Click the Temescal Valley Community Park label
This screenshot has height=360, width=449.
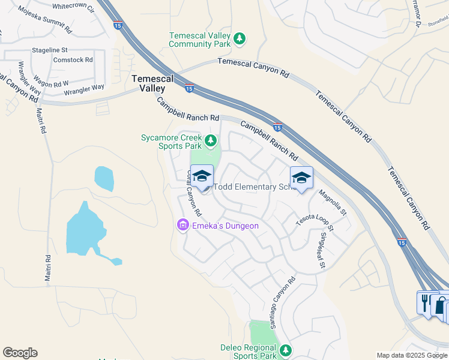[200, 40]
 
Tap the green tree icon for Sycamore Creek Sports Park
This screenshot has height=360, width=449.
[210, 141]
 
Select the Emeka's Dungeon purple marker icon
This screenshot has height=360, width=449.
[182, 226]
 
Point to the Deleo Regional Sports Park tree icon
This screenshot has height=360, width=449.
[286, 349]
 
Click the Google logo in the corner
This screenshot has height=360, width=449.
[20, 353]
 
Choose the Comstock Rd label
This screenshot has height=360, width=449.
[73, 60]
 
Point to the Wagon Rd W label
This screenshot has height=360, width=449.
[51, 80]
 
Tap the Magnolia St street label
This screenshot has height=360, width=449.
[333, 202]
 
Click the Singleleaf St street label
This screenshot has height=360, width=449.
[323, 250]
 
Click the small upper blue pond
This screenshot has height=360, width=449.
[104, 179]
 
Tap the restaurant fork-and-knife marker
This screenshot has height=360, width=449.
[426, 301]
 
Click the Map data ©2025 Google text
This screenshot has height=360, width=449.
[412, 355]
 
